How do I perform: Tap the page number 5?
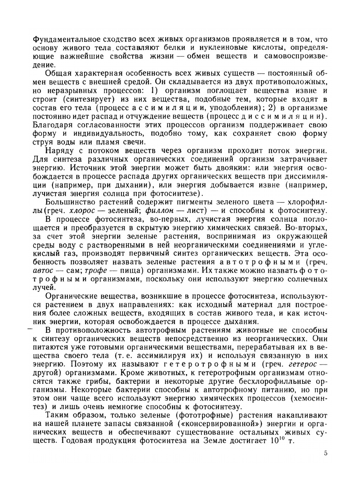tap(325, 453)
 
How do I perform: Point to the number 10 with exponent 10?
tap(277, 440)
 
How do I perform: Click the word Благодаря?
tap(53, 125)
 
